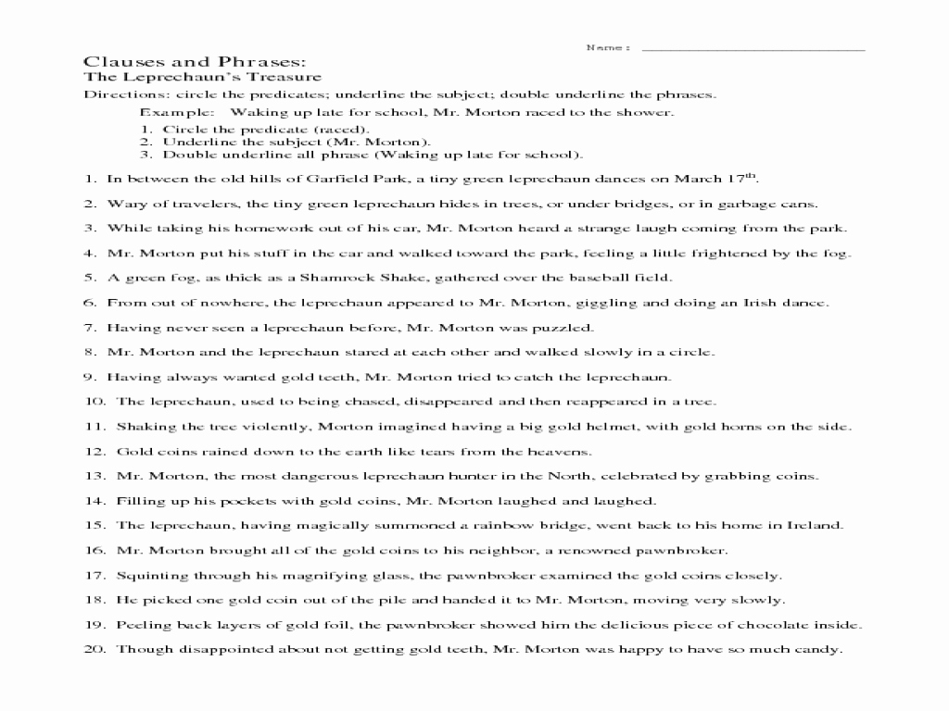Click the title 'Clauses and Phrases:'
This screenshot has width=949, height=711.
point(195,61)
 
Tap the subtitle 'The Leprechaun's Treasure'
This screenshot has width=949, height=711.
point(203,78)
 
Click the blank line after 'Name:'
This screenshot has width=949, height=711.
point(753,48)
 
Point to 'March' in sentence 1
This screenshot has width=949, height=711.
point(695,179)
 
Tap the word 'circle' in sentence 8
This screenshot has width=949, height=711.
point(694,352)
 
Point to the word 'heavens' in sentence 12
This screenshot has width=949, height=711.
point(562,451)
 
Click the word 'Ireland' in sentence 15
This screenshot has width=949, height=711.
point(816,525)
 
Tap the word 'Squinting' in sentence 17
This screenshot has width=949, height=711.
point(148,575)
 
